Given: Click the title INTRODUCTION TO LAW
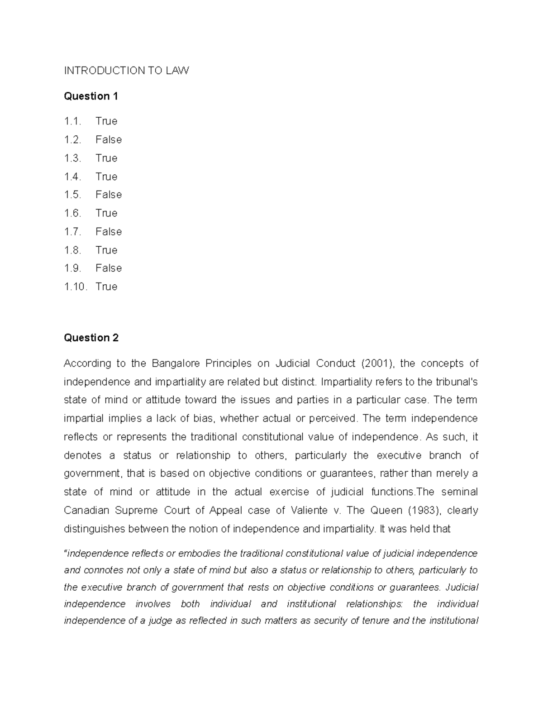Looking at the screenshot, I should pyautogui.click(x=126, y=71).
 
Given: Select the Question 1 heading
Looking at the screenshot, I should pyautogui.click(x=91, y=96).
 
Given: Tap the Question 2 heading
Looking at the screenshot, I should pyautogui.click(x=91, y=338).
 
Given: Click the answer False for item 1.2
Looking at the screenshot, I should pyautogui.click(x=109, y=140).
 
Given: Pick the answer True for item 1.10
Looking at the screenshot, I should pyautogui.click(x=106, y=287).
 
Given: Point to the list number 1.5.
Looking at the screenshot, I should pyautogui.click(x=72, y=195).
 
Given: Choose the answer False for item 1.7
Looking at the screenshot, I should pyautogui.click(x=109, y=232).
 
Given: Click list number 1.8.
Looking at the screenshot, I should pyautogui.click(x=72, y=250).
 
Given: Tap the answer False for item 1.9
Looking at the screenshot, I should pyautogui.click(x=109, y=268).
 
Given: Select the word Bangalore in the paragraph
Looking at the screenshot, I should pyautogui.click(x=176, y=363).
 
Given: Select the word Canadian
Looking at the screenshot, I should pyautogui.click(x=86, y=511).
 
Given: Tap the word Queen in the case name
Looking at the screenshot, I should pyautogui.click(x=386, y=511).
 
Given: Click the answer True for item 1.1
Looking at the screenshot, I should pyautogui.click(x=106, y=121).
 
